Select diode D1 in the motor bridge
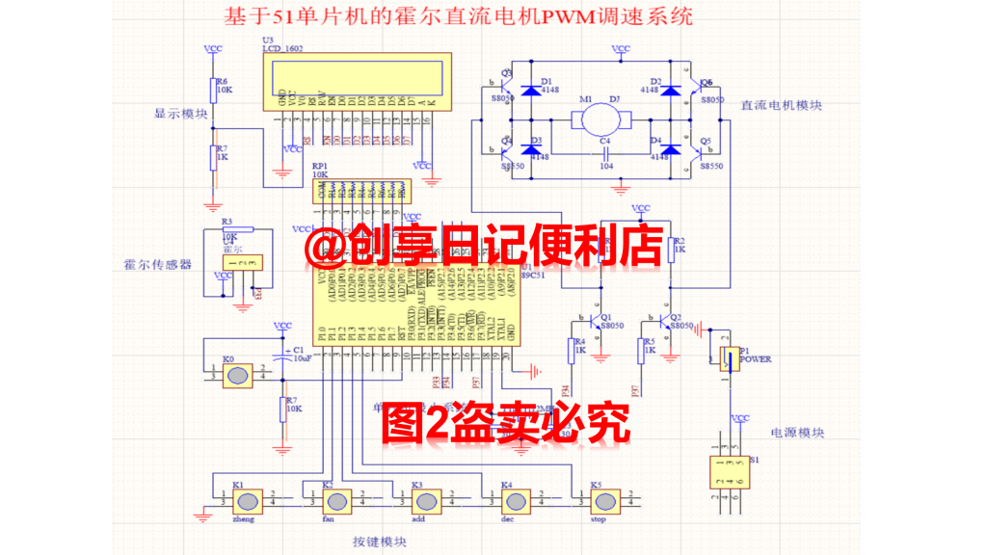(x=530, y=91)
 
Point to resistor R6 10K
(x=214, y=88)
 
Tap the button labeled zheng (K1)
(x=248, y=501)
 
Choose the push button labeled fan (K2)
(x=336, y=501)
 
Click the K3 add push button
(x=425, y=501)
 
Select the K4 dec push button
(x=515, y=501)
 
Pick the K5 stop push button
(x=603, y=501)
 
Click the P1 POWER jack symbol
(x=726, y=359)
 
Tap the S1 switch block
(x=723, y=473)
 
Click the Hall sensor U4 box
(x=241, y=262)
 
